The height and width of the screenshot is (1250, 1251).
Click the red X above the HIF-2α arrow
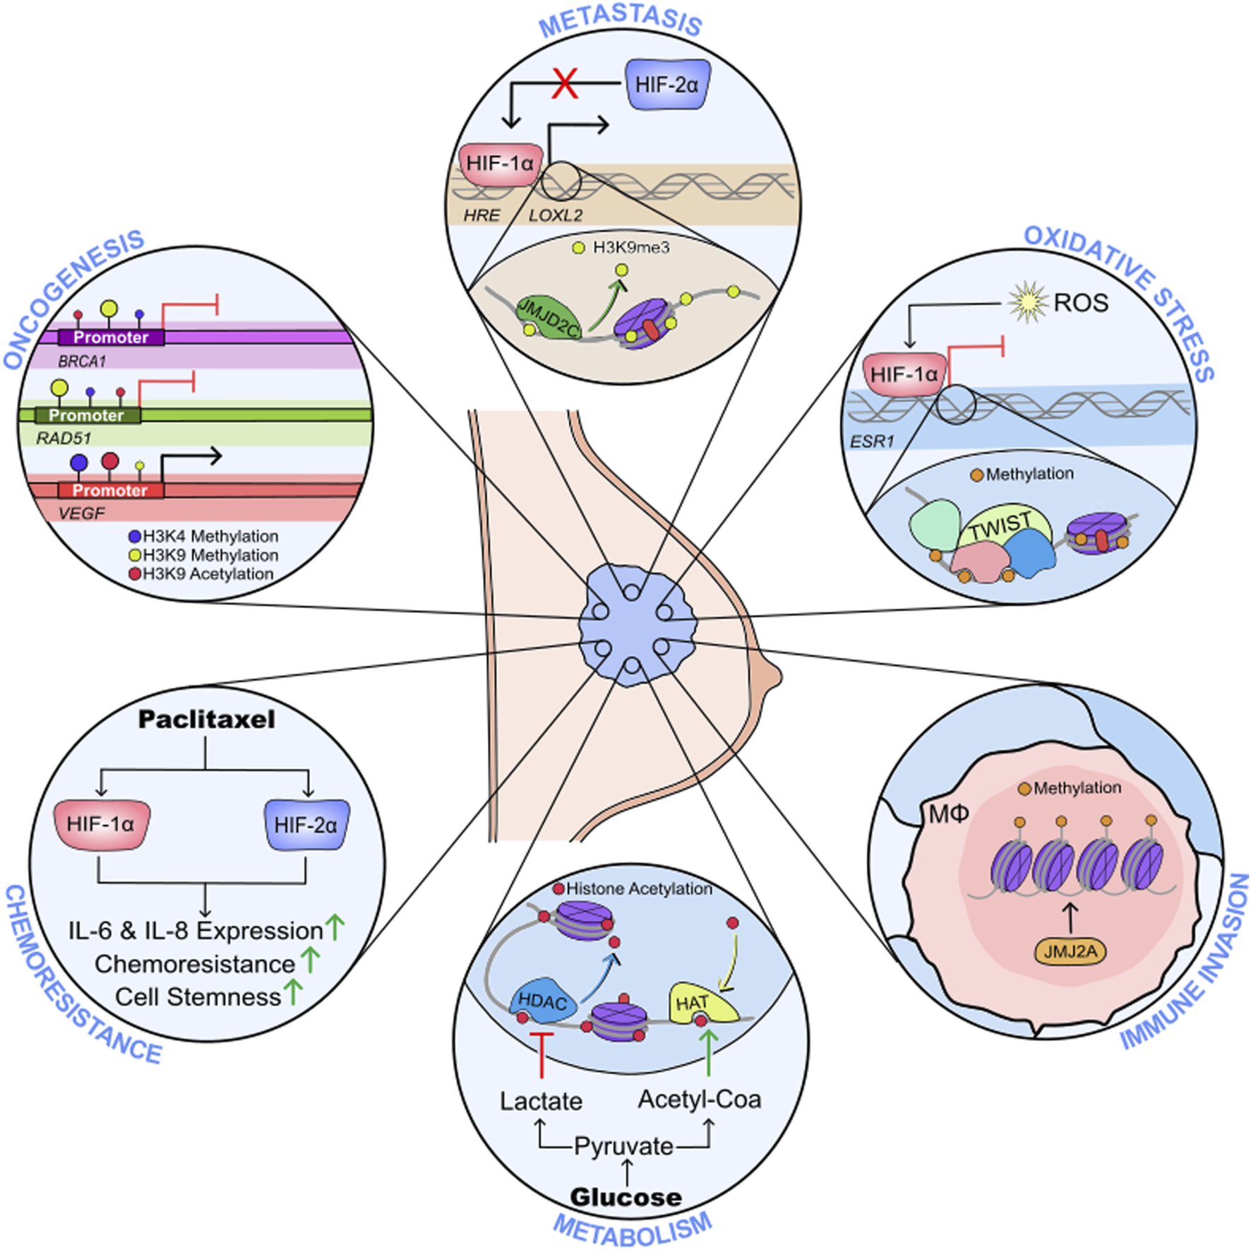[x=565, y=83]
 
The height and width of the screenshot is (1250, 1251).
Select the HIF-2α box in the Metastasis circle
[x=666, y=85]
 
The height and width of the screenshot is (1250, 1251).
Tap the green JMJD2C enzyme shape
[x=547, y=318]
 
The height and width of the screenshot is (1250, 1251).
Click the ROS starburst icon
[x=1027, y=302]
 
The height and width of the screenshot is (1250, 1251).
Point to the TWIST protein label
[x=1000, y=526]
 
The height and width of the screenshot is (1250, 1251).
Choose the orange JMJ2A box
[x=1070, y=951]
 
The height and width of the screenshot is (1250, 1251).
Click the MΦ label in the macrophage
[x=948, y=814]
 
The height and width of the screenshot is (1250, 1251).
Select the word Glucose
[x=625, y=1196]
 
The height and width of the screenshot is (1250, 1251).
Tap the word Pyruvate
[x=623, y=1145]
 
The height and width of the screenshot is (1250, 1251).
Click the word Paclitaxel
[x=206, y=720]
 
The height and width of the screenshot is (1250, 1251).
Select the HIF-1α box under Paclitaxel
[x=101, y=824]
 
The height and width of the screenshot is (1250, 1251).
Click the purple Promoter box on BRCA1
[x=111, y=337]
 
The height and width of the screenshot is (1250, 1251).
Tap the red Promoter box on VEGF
[x=110, y=490]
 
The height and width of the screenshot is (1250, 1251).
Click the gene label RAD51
[x=64, y=439]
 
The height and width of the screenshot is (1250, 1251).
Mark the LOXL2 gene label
[x=556, y=215]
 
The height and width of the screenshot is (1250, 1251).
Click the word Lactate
[x=541, y=1101]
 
